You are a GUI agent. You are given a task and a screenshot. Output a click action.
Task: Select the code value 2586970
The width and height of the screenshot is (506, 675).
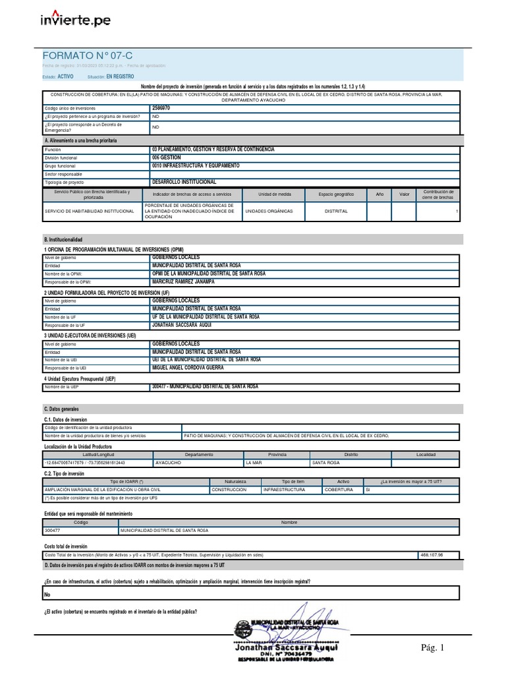point(161,107)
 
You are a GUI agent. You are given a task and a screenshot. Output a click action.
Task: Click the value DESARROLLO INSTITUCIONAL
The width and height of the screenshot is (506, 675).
point(184,181)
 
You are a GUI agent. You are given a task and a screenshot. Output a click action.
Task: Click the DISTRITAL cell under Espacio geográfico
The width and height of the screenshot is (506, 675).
point(336,212)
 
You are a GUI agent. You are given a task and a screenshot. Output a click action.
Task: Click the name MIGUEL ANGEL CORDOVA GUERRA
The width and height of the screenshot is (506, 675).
point(188,368)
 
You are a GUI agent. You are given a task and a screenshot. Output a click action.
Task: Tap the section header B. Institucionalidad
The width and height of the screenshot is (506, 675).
point(63,239)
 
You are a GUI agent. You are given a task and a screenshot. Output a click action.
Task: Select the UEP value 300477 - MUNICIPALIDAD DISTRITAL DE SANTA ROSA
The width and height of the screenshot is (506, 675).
point(205,387)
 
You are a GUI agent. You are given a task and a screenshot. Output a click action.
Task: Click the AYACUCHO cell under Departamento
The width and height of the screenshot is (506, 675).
point(168,463)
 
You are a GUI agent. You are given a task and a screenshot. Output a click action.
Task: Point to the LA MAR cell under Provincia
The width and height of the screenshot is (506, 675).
point(254,463)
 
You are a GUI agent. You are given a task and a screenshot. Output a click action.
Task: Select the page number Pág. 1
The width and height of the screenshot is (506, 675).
point(434,648)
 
